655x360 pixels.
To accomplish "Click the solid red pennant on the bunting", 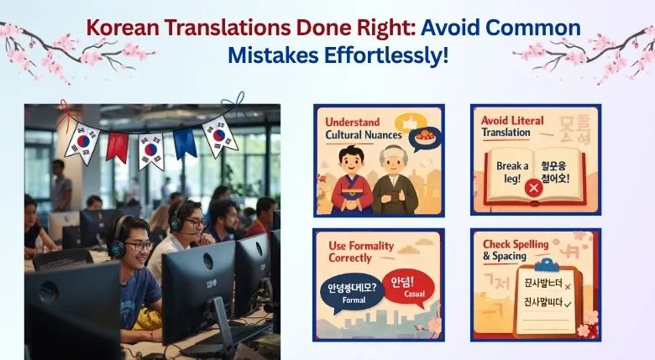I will coord(118,146).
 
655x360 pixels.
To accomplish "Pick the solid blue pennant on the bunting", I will coord(185,143).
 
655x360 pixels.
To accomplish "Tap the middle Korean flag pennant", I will coord(151,151).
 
